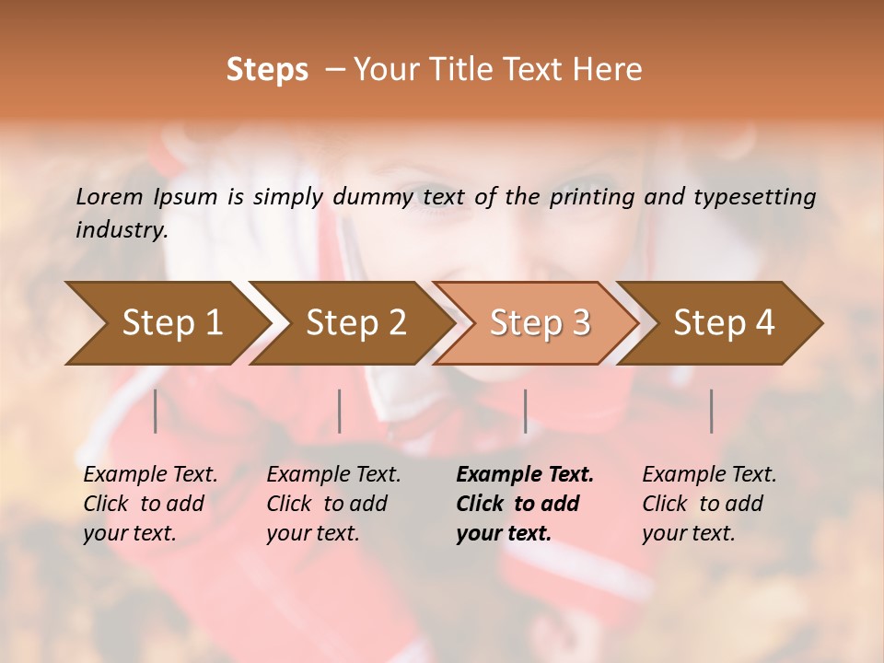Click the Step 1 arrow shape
click(171, 322)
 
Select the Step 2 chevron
click(355, 322)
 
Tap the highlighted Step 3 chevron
click(540, 322)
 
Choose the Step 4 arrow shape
click(724, 322)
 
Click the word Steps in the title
click(267, 69)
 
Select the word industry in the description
click(120, 230)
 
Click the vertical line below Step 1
click(156, 411)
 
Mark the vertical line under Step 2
click(340, 411)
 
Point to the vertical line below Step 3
click(526, 411)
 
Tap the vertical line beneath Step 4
click(712, 411)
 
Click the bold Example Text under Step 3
click(525, 475)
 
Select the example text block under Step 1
click(150, 504)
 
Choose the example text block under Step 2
click(333, 504)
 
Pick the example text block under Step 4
click(709, 504)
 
